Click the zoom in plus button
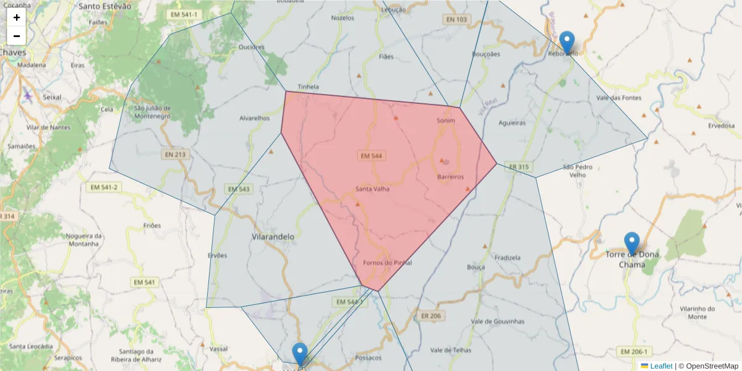point(17,17)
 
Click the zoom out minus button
point(17,36)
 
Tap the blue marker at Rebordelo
point(566,42)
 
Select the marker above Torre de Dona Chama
point(631,243)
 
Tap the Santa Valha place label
point(372,189)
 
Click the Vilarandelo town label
point(273,236)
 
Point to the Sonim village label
point(445,121)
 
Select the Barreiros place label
point(450,177)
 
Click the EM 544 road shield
point(372,156)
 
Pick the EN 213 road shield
point(176,154)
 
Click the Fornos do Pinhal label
point(388,263)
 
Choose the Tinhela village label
point(308,87)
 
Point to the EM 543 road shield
point(239,189)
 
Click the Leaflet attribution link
point(661,366)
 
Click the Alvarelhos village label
point(255,118)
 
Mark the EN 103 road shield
point(456,20)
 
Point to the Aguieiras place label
point(512,122)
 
